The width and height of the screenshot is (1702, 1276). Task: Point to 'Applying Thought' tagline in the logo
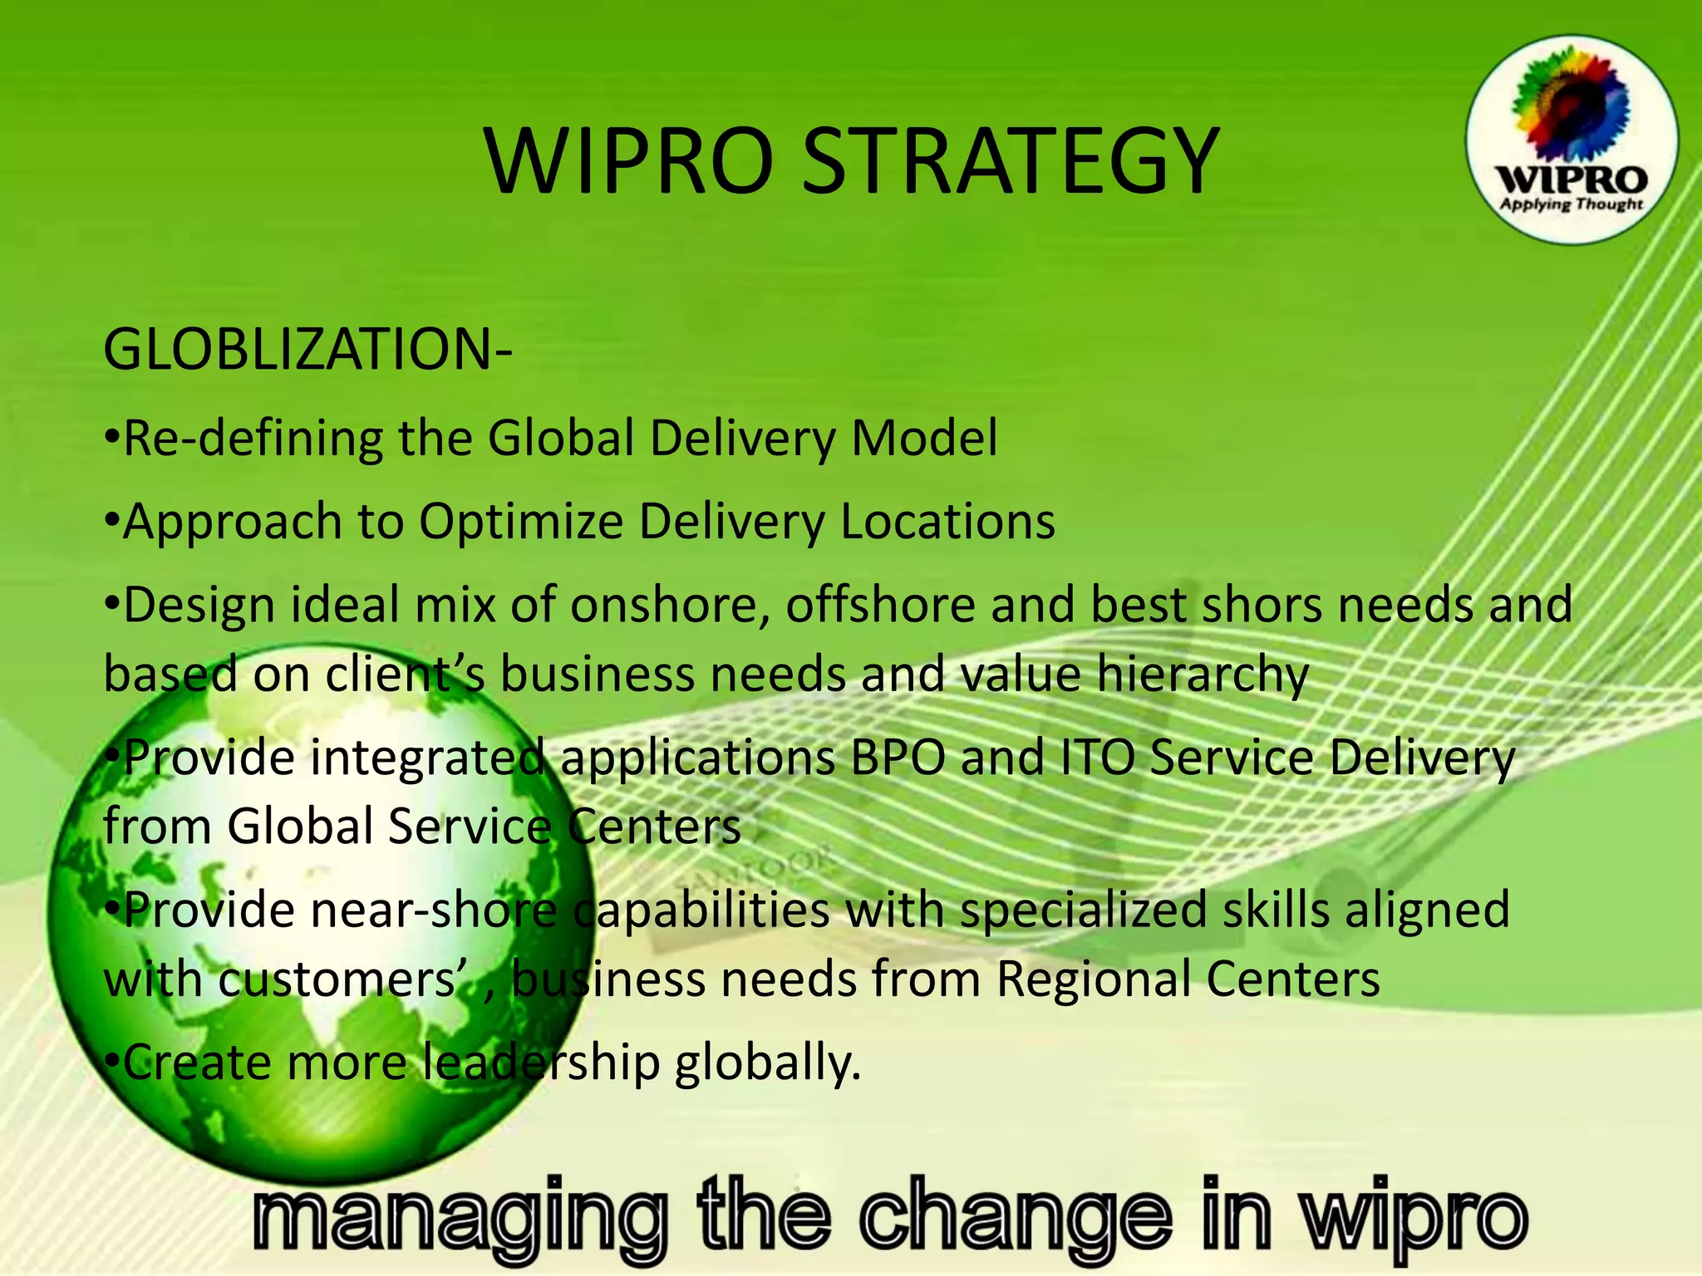[x=1572, y=204]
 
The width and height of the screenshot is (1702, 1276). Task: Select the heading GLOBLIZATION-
[x=307, y=350]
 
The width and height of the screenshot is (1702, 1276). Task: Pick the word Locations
[x=947, y=522]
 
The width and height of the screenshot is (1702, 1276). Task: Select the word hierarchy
[x=1202, y=674]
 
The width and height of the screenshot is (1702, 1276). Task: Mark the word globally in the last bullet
[x=768, y=1063]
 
